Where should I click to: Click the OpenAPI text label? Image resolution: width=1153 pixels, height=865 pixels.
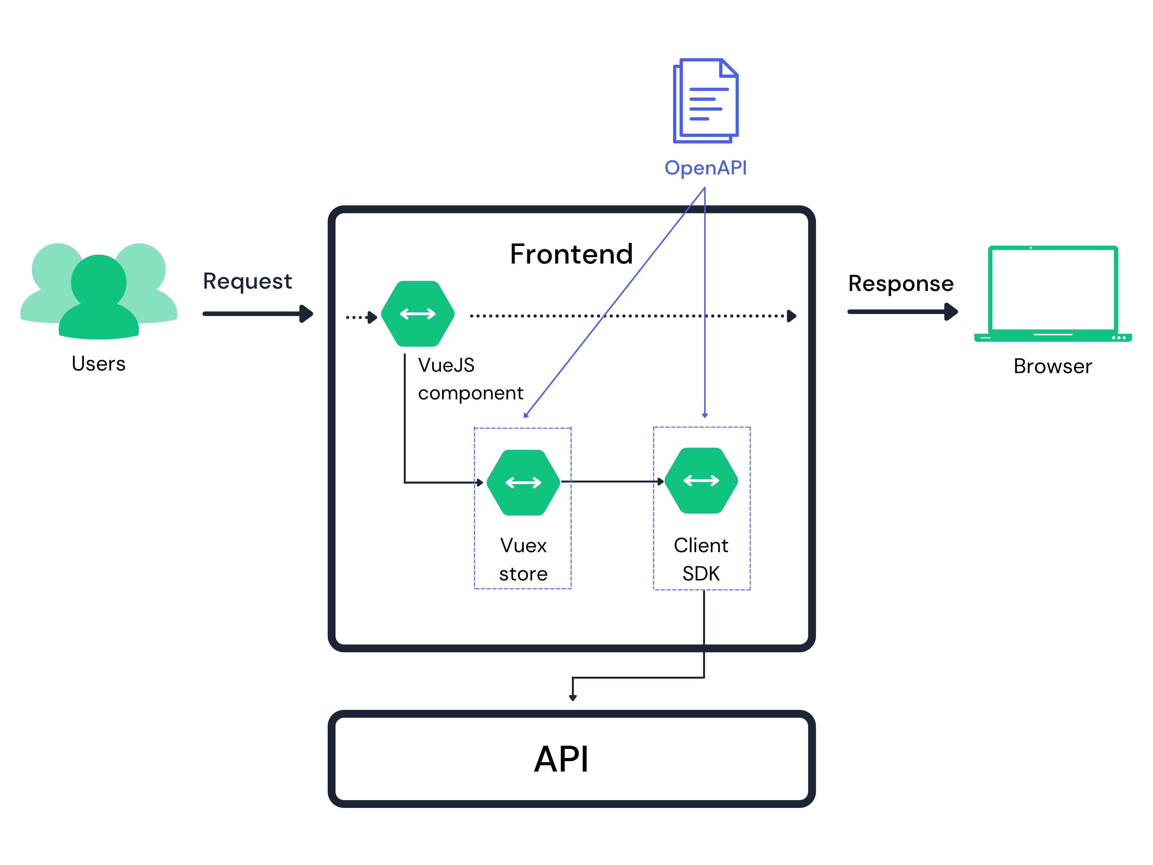(x=705, y=168)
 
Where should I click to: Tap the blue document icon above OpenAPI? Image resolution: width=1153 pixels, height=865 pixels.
(x=705, y=101)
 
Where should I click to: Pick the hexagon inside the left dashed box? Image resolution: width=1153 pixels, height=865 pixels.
(x=523, y=482)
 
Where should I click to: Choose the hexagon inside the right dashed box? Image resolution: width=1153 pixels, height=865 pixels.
(x=701, y=480)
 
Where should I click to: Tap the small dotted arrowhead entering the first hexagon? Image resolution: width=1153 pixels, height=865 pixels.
(x=372, y=317)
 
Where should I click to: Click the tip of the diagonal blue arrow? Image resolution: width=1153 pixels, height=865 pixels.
(x=525, y=415)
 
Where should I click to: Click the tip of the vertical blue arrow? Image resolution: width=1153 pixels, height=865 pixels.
(x=705, y=415)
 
